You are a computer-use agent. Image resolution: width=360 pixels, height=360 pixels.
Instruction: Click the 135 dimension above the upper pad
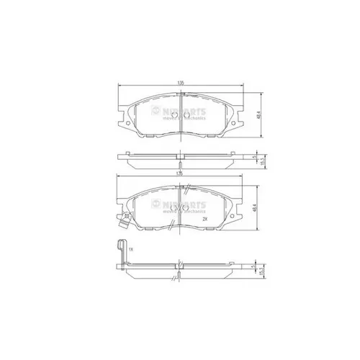click(181, 84)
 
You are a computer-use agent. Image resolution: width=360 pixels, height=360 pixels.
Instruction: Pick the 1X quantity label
click(131, 249)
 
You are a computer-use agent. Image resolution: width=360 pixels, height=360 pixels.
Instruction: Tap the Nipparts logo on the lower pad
click(180, 204)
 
